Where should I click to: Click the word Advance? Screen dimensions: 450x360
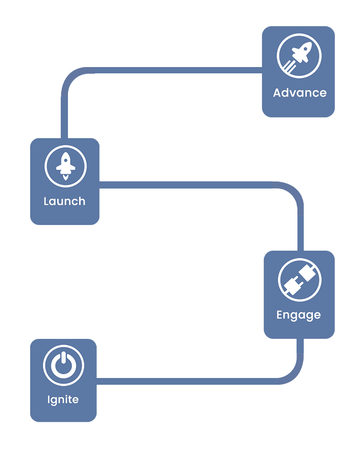click(300, 93)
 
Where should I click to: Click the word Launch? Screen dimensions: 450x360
click(64, 201)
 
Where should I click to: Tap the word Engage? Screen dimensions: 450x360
click(298, 315)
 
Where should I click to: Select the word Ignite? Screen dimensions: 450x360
click(63, 400)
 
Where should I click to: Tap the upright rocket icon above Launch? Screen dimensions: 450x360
click(66, 165)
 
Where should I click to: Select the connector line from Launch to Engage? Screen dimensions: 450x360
click(189, 184)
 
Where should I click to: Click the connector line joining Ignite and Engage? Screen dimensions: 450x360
click(189, 381)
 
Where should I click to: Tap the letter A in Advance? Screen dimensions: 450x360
click(278, 93)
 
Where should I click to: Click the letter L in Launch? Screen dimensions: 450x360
click(46, 201)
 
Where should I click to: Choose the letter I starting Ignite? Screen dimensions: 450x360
click(49, 399)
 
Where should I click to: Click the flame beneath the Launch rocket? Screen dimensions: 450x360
click(66, 178)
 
